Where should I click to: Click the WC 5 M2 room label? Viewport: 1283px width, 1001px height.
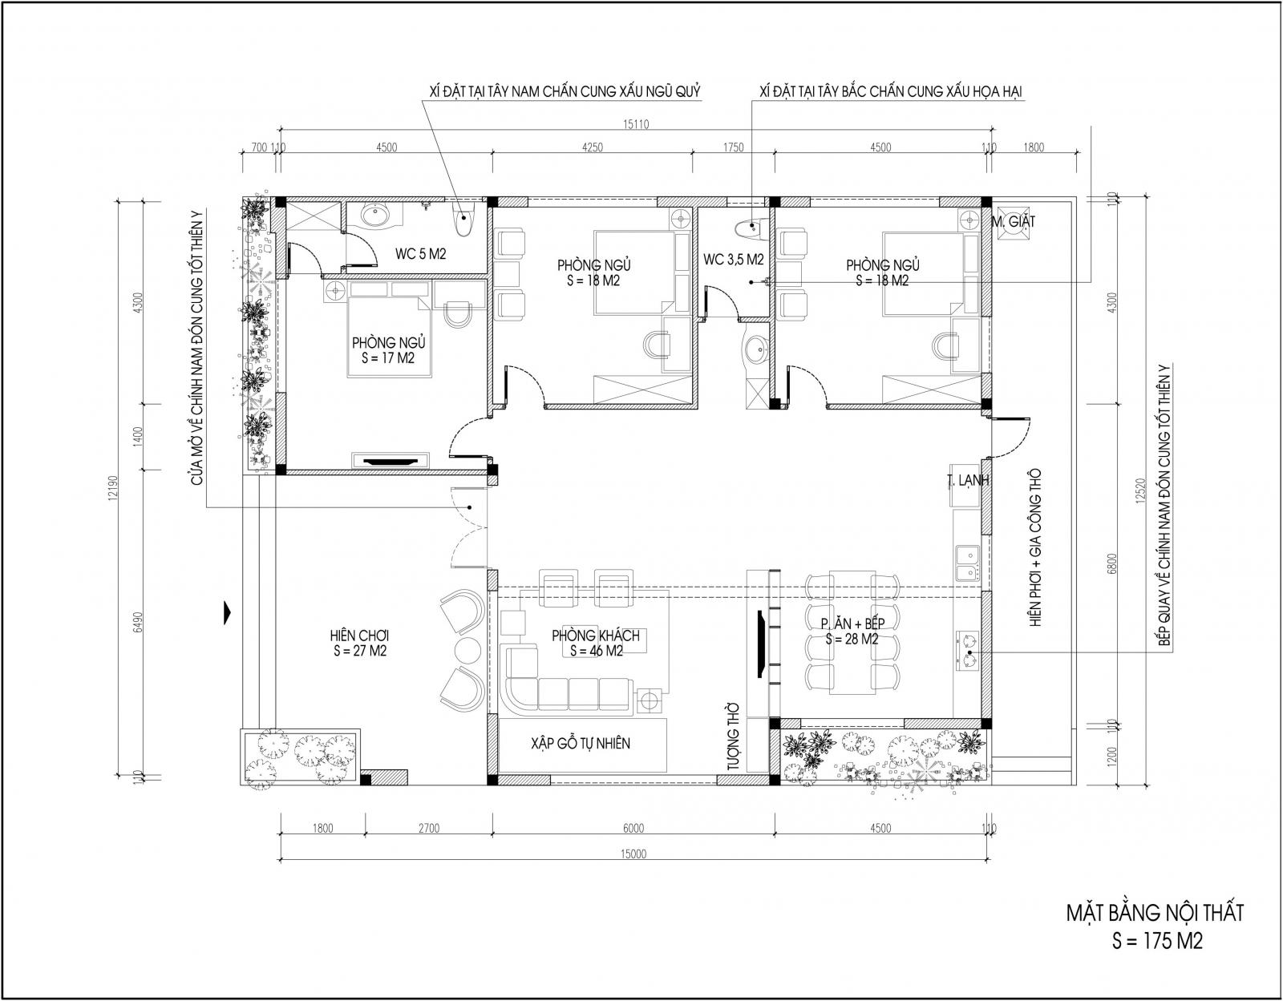(420, 254)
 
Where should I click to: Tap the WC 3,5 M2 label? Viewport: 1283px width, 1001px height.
(733, 259)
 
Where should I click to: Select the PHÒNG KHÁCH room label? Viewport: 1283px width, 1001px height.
(596, 636)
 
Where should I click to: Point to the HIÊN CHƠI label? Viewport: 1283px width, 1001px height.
(359, 636)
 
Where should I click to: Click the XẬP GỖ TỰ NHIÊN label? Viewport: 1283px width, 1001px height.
(581, 743)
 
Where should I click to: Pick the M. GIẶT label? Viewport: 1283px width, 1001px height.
(1014, 222)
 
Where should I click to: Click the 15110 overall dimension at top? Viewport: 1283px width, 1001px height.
(636, 124)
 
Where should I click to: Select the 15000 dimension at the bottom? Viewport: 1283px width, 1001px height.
(633, 854)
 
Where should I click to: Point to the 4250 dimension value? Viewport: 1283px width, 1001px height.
(593, 147)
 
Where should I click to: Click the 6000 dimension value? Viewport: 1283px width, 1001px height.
(633, 828)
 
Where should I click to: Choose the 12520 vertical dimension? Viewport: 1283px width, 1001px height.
(1139, 490)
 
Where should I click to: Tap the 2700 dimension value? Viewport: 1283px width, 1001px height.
(429, 828)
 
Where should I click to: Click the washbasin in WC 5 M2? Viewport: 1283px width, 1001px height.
(373, 216)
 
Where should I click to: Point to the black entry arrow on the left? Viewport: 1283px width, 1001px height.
(227, 612)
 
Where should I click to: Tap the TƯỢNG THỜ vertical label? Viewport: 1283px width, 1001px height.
(733, 737)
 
